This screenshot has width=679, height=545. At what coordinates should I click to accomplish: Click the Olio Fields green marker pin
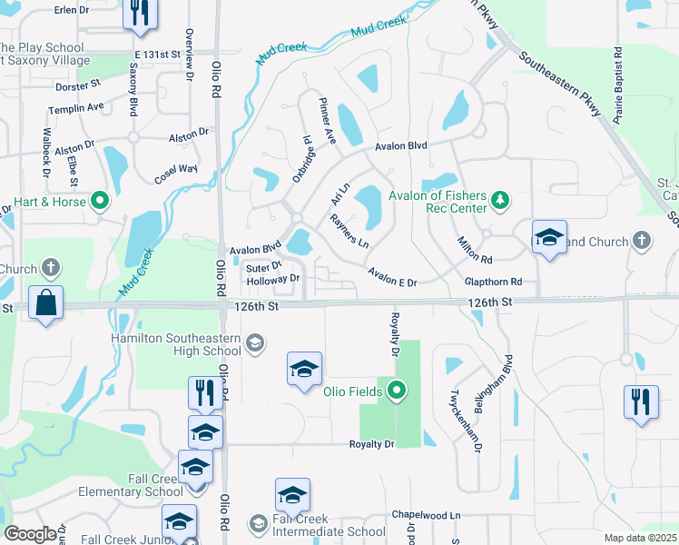click(x=396, y=391)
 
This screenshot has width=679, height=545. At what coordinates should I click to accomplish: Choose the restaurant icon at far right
click(x=641, y=402)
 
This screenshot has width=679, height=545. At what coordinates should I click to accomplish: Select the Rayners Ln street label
click(x=349, y=232)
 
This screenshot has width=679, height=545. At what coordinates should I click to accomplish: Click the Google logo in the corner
click(x=30, y=534)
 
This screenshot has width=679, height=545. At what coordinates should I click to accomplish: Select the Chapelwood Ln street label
click(x=427, y=515)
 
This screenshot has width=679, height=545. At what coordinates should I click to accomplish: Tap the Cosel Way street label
click(x=175, y=170)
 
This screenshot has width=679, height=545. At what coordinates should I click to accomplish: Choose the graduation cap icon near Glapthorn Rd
click(x=549, y=239)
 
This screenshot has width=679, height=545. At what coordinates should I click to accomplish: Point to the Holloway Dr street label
click(x=273, y=280)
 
